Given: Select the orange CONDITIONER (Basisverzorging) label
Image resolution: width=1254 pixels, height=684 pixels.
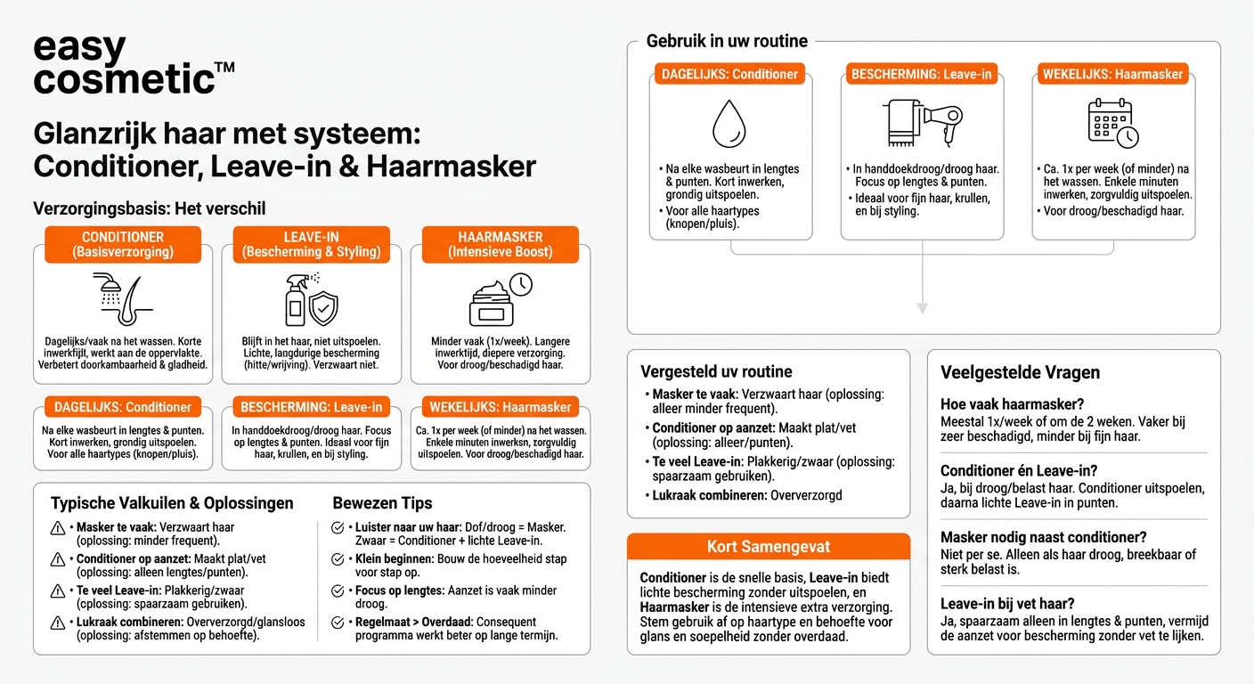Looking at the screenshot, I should tap(123, 244).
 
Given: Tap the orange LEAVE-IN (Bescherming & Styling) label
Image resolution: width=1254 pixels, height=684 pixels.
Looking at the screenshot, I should tap(311, 244).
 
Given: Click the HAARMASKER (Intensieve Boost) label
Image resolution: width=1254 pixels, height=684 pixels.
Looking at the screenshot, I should tap(500, 244).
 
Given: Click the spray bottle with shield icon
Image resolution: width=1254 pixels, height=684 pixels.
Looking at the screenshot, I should tap(311, 298).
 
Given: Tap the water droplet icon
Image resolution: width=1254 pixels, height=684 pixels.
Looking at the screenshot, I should tap(729, 123).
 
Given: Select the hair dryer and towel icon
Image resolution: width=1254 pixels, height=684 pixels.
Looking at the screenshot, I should tap(922, 123).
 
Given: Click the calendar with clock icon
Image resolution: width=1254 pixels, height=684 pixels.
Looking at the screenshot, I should tap(1113, 123).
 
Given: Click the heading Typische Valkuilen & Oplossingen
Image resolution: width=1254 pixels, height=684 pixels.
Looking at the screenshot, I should tap(172, 503).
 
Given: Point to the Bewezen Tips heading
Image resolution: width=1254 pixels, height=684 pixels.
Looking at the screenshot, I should tap(382, 503).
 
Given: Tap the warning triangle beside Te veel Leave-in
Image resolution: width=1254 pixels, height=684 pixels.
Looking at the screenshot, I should tap(58, 590).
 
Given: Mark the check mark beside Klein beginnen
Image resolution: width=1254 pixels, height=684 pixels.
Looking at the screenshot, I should tap(338, 558).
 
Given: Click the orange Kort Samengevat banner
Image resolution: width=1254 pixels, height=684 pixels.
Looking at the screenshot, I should tap(768, 546).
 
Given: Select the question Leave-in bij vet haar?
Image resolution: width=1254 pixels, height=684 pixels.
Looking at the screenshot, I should tap(1007, 604).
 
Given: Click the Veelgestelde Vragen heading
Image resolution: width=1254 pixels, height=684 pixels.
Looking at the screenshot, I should tap(1020, 372).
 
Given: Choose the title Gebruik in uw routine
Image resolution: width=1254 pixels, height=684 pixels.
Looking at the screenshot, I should tap(727, 41).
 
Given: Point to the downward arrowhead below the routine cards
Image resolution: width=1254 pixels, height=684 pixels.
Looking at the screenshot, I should tap(922, 308).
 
